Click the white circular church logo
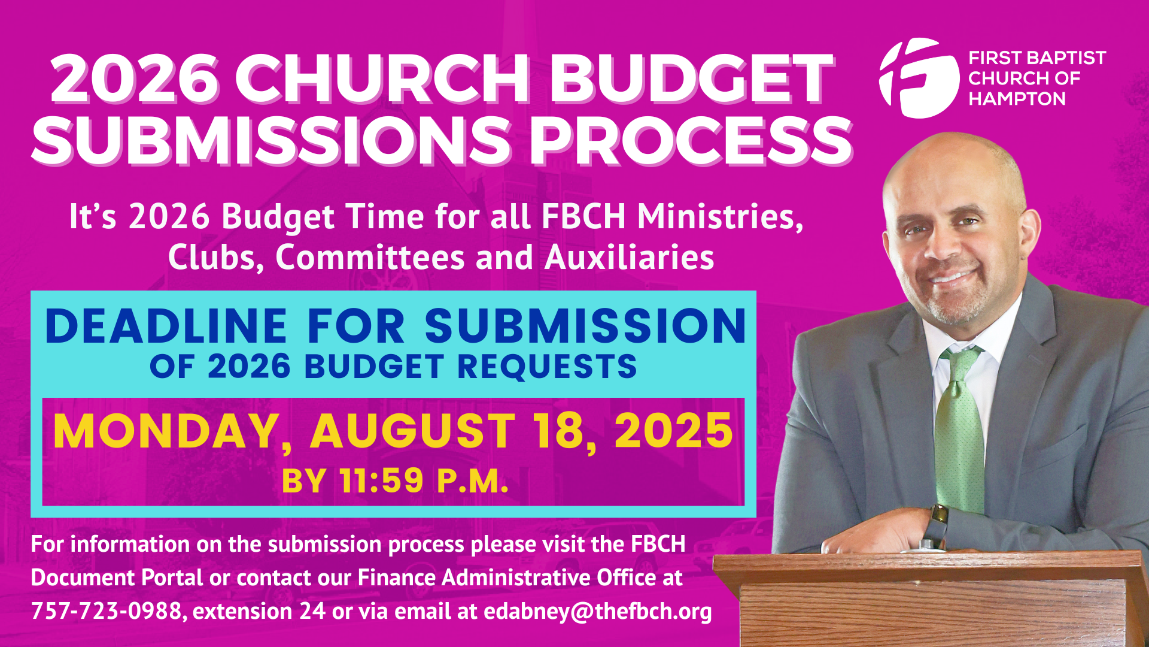919,78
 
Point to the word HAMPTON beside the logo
1017,99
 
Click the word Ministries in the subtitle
721,216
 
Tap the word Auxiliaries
629,257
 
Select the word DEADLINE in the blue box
166,326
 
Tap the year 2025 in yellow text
673,431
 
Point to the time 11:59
381,480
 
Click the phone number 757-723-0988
107,611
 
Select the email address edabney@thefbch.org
597,612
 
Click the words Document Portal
117,578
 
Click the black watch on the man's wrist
935,524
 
